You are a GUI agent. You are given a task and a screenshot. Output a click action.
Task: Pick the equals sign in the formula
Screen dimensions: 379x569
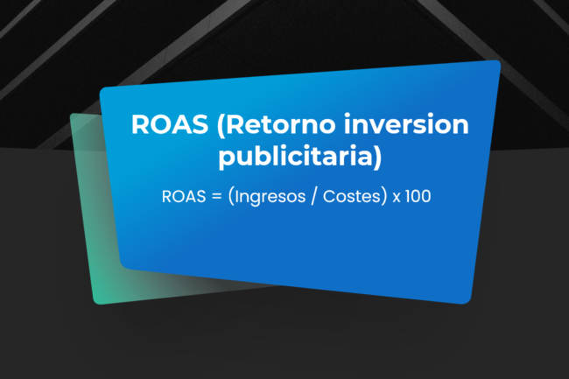click(214, 197)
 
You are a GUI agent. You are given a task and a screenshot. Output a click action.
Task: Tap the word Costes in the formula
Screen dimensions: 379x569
click(345, 197)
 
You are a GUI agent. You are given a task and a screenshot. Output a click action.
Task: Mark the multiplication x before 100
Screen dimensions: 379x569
click(397, 198)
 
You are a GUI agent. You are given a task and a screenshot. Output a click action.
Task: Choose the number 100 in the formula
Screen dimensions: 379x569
click(418, 197)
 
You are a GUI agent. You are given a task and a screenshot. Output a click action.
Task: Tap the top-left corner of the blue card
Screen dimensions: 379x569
click(102, 89)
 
